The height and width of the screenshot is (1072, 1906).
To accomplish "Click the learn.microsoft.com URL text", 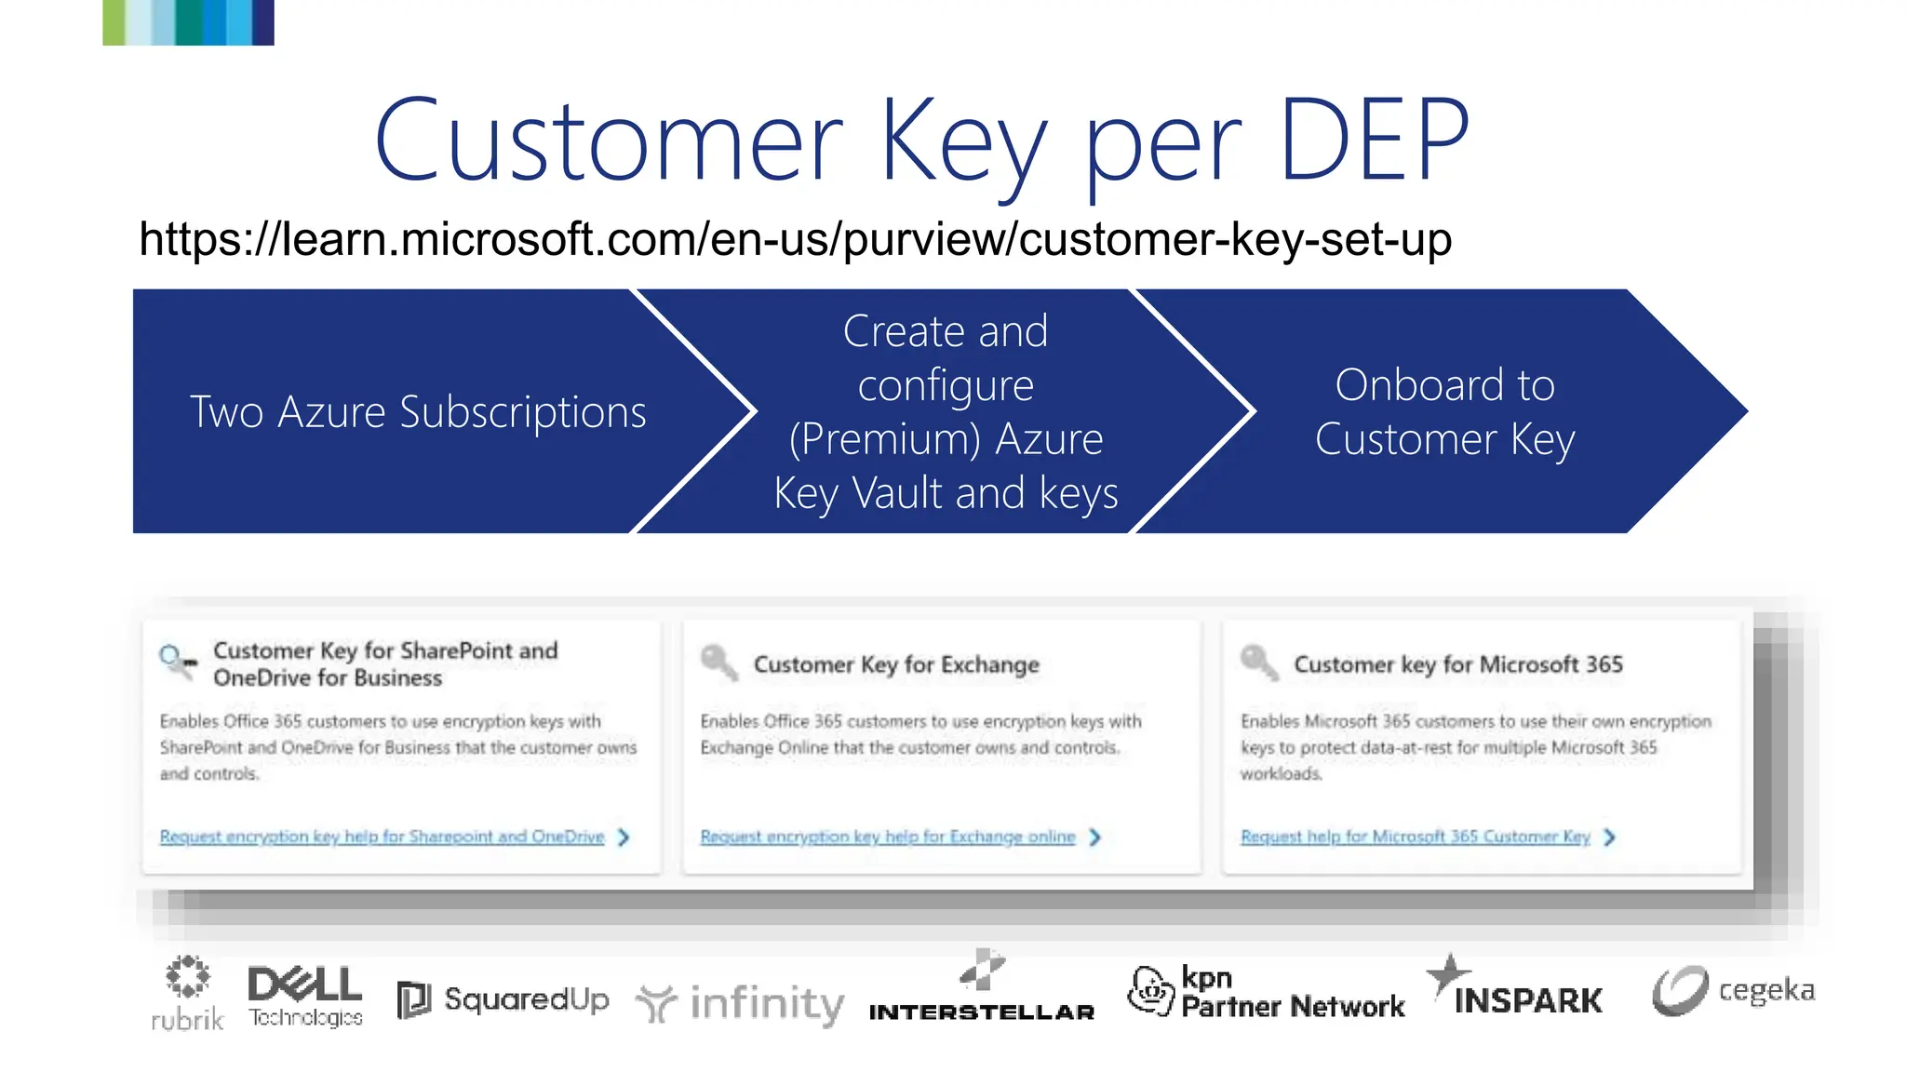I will [795, 239].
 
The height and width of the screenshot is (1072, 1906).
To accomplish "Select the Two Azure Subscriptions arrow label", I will [418, 412].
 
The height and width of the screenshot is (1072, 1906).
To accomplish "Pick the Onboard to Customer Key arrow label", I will [1444, 412].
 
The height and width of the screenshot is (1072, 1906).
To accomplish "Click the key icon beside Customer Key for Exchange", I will [718, 663].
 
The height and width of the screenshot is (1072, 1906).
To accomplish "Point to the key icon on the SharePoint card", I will [177, 661].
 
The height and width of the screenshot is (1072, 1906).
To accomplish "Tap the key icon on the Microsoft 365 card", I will [1258, 663].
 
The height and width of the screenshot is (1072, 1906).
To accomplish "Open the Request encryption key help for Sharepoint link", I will [382, 837].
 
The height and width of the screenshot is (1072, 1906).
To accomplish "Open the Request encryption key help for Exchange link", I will [887, 837].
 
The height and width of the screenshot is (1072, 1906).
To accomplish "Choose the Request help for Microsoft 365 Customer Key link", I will [1415, 837].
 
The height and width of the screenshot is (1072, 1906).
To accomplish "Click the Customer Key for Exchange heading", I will [896, 664].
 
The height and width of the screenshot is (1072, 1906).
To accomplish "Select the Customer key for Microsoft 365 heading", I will [1457, 664].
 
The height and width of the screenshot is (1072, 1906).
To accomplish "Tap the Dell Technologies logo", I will [305, 996].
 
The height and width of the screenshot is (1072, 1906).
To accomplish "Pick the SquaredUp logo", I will [503, 999].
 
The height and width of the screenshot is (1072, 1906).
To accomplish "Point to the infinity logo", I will [741, 1003].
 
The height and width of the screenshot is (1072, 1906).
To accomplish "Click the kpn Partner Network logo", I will [1266, 992].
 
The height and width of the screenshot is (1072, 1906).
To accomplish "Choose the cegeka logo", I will [1733, 990].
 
